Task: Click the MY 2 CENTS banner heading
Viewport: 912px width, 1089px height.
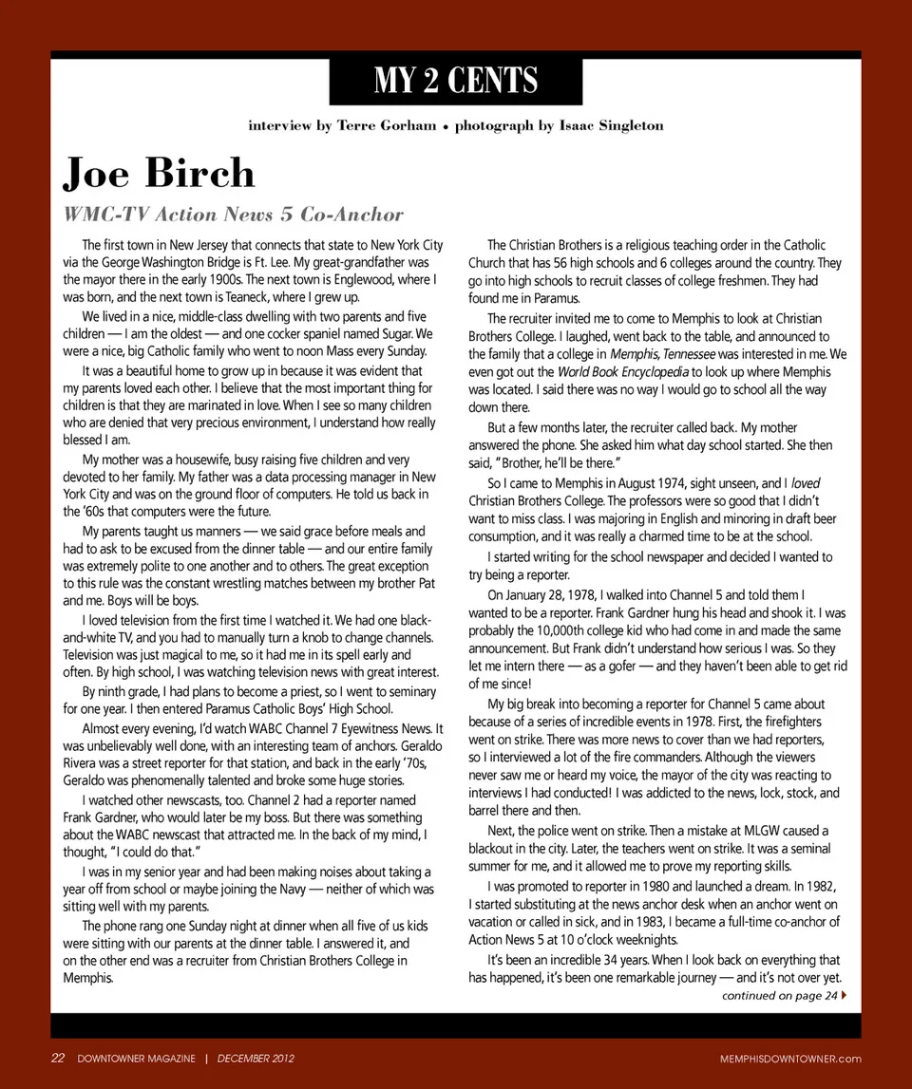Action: click(x=456, y=81)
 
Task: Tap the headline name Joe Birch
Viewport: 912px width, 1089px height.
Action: click(x=159, y=173)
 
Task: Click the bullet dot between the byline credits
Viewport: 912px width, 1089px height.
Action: click(x=446, y=126)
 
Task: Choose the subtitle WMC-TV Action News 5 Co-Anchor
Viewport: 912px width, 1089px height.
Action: click(x=234, y=215)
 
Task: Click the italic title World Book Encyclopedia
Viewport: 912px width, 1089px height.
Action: click(x=621, y=371)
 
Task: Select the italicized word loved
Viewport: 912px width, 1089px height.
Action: click(x=806, y=483)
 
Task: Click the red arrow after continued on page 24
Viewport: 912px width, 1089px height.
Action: click(x=845, y=995)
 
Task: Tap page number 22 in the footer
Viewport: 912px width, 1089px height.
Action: click(x=57, y=1059)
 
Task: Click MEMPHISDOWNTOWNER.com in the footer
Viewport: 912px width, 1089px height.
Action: click(x=790, y=1059)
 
